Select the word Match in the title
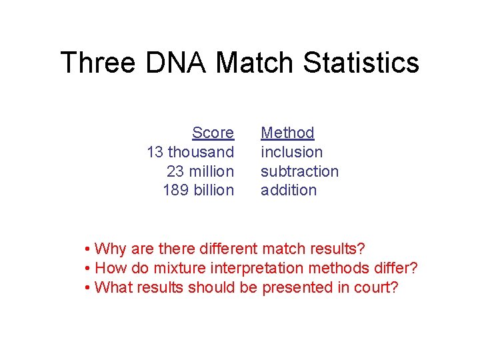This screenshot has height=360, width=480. point(256,63)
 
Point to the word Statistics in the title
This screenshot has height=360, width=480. point(361,63)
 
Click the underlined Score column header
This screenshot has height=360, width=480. point(213,133)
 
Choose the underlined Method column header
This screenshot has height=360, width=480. point(287,133)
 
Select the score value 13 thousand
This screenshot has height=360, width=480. point(190,152)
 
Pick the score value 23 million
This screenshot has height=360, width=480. point(200,171)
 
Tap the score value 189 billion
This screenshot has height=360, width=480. point(198,190)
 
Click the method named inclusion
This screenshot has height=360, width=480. point(291,152)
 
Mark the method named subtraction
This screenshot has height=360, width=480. point(299,171)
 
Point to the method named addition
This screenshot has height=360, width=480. point(289,190)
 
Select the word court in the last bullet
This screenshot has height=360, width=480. point(374,287)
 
